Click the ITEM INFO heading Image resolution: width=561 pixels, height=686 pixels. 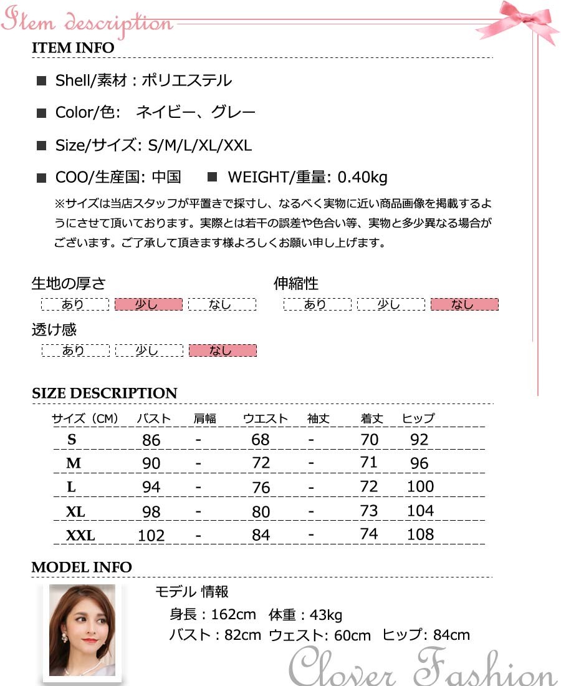[73, 48]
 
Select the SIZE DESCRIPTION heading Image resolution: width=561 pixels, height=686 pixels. [104, 394]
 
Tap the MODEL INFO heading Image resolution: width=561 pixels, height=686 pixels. [82, 568]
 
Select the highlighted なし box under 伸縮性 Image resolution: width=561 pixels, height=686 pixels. [464, 304]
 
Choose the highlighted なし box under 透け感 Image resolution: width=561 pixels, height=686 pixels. [223, 350]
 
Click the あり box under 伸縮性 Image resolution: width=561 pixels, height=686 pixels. [317, 304]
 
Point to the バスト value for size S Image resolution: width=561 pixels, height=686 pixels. [151, 440]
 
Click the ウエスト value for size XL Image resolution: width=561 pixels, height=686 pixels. [261, 512]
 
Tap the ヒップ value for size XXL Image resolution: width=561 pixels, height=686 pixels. [420, 534]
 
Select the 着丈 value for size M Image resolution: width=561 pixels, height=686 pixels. [369, 463]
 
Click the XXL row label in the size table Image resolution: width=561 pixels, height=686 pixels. [80, 535]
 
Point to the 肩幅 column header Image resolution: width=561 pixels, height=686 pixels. [205, 418]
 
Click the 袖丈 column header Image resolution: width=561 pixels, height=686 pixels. [319, 418]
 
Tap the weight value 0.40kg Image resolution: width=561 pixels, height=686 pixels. [362, 178]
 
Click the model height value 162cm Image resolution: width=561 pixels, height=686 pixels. [233, 615]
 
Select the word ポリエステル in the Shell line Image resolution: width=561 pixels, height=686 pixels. [187, 80]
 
